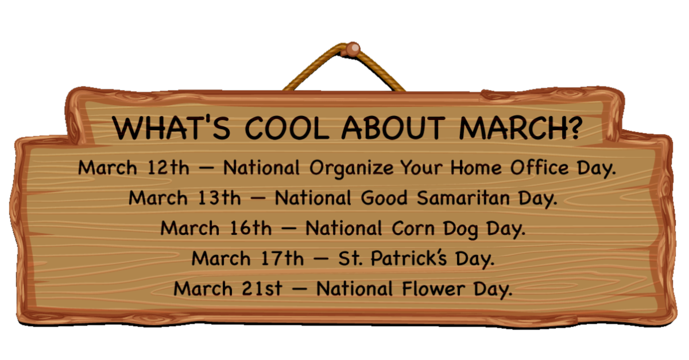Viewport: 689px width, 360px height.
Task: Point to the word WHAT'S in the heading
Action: (171, 127)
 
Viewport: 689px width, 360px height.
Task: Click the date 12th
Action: (169, 168)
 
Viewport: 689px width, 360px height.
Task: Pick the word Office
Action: (540, 168)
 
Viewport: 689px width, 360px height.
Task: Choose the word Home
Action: (476, 168)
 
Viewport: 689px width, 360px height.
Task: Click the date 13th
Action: (219, 198)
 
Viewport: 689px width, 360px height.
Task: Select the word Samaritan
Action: (463, 198)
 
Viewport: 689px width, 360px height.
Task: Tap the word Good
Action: (384, 198)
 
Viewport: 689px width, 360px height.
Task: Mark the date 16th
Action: (251, 228)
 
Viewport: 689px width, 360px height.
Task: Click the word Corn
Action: (413, 229)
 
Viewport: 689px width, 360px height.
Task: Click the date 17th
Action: (282, 258)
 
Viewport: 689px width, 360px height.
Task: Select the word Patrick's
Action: (408, 258)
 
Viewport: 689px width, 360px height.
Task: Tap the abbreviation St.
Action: (350, 258)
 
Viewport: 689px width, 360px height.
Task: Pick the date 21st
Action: (262, 289)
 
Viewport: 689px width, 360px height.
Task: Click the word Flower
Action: (433, 289)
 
